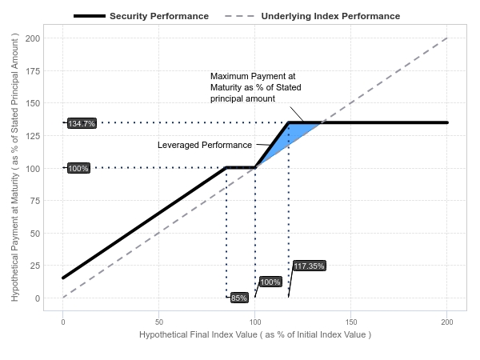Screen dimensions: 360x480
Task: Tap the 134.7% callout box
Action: tap(82, 123)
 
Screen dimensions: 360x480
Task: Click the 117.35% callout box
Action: tap(309, 266)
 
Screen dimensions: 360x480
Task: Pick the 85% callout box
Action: tap(239, 298)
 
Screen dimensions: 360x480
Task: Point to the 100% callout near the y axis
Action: tap(78, 168)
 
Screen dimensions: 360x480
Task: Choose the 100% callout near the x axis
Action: tap(270, 282)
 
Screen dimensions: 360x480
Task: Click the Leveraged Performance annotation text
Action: tap(204, 145)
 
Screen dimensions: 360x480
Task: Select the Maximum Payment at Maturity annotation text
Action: tap(255, 87)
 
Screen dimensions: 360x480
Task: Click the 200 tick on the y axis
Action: tap(34, 38)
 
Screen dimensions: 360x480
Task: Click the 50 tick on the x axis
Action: tap(159, 321)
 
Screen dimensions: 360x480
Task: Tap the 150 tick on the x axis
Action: tap(351, 321)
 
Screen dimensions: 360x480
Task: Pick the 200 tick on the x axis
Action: tap(447, 321)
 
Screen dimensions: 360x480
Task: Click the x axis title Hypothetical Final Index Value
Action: tap(255, 334)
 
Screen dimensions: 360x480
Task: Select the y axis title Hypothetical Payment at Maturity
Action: tap(15, 168)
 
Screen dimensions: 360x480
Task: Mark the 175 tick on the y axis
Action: tap(34, 71)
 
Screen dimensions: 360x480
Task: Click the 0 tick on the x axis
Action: tap(63, 321)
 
